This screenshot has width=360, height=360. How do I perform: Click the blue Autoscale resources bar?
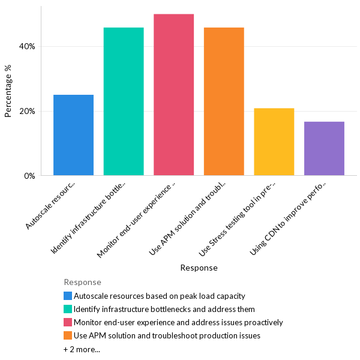73,135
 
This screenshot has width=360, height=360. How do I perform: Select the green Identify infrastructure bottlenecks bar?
124,101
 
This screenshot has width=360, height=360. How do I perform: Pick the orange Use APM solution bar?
224,101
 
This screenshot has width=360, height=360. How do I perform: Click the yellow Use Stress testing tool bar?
274,142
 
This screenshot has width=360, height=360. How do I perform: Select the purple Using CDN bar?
324,148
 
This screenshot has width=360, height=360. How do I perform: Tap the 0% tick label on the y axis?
30,176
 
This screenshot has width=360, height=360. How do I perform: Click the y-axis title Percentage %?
8,91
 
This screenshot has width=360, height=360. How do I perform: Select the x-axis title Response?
199,268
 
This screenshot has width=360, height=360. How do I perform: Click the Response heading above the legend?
82,282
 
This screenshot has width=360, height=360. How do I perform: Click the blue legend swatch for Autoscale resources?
68,296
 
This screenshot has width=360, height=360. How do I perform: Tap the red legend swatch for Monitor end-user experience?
68,322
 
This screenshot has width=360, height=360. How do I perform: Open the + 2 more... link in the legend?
82,349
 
